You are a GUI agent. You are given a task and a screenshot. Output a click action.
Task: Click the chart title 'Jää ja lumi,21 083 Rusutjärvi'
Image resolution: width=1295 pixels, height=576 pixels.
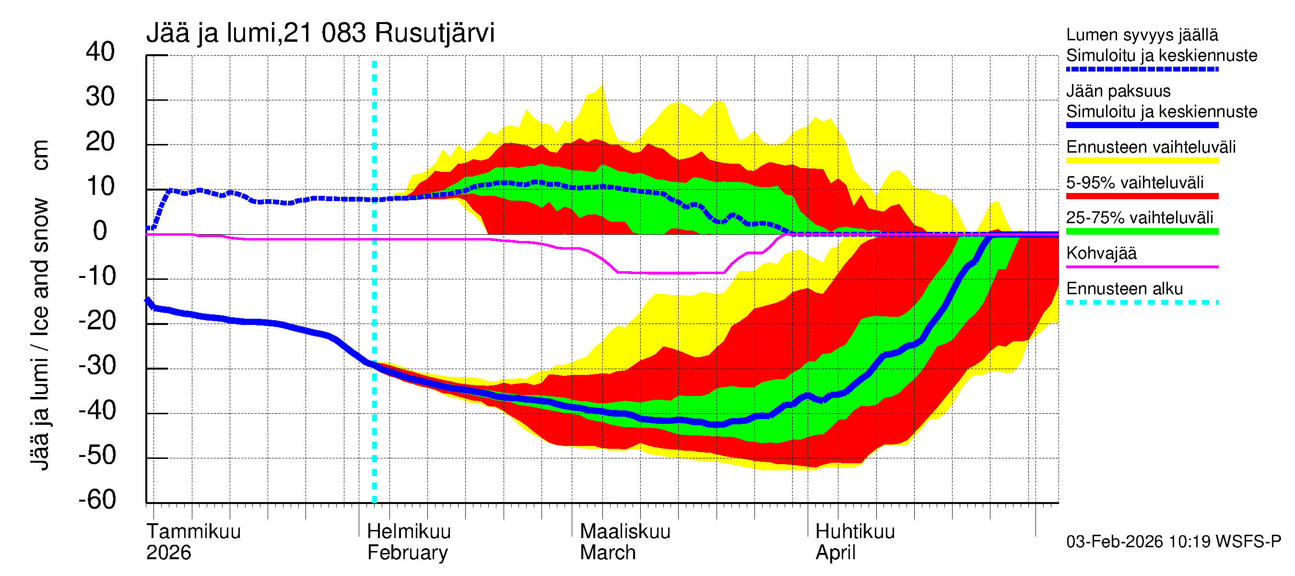[x=320, y=33]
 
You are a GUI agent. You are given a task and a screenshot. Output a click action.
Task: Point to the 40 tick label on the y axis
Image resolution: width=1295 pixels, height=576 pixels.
[x=100, y=52]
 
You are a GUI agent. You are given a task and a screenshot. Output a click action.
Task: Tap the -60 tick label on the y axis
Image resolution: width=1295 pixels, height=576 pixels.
[x=97, y=500]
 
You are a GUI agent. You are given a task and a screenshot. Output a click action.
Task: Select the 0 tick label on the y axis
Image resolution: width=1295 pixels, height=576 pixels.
[x=100, y=231]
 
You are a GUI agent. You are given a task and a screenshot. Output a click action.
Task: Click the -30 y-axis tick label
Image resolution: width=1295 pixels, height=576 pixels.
[x=97, y=365]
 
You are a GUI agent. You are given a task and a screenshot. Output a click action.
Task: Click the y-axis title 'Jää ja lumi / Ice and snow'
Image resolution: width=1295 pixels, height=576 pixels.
[x=39, y=332]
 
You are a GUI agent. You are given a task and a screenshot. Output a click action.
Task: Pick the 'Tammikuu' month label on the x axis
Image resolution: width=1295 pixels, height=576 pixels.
[x=194, y=531]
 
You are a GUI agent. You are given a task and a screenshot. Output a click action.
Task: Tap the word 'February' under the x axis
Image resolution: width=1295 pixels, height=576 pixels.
[x=407, y=552]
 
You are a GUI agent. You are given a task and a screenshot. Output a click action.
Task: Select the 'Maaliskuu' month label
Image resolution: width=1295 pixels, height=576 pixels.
[x=625, y=531]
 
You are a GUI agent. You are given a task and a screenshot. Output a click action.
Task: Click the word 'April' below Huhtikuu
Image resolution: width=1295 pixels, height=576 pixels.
[x=835, y=552]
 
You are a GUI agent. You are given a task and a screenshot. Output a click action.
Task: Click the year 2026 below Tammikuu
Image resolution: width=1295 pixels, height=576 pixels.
[x=168, y=552]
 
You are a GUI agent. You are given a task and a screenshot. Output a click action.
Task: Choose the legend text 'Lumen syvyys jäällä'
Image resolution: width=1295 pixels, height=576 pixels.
[x=1142, y=35]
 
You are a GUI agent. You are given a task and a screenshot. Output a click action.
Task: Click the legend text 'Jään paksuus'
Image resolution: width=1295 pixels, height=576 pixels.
[x=1118, y=91]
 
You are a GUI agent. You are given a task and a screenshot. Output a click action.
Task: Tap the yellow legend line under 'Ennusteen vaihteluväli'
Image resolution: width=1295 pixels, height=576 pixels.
[x=1142, y=161]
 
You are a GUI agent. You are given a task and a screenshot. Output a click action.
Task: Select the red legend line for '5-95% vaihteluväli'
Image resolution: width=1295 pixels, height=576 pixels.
[x=1142, y=196]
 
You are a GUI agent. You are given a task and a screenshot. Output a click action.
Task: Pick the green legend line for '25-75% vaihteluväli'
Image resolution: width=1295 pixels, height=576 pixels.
[x=1142, y=231]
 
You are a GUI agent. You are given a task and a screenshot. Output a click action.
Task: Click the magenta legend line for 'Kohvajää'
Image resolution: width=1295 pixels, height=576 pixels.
[x=1142, y=266]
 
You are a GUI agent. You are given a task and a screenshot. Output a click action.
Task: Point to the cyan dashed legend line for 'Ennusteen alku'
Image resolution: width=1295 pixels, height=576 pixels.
[x=1142, y=302]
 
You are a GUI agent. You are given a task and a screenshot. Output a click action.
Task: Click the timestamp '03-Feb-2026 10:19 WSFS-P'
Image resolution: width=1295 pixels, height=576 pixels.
[x=1173, y=541]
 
